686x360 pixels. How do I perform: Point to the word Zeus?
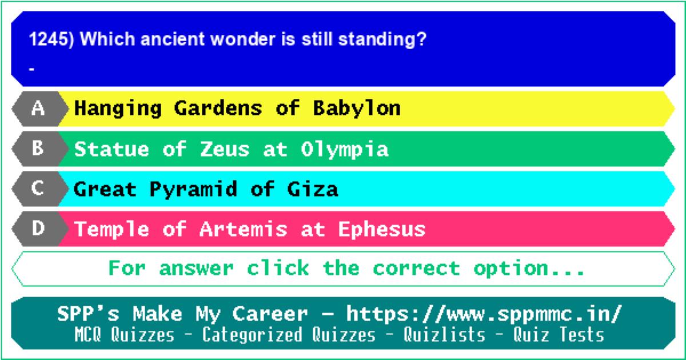(x=225, y=149)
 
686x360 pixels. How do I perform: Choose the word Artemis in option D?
(x=244, y=229)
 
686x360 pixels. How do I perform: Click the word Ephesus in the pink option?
(x=382, y=229)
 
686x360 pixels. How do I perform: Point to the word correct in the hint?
(x=417, y=268)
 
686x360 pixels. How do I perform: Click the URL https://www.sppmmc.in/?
(x=484, y=314)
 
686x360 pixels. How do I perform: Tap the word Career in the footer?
(x=270, y=314)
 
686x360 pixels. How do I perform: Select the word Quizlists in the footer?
(x=444, y=334)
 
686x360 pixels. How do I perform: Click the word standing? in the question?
(x=382, y=40)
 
